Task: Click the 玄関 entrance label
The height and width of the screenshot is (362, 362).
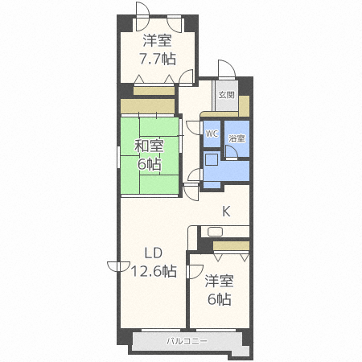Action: pos(227,95)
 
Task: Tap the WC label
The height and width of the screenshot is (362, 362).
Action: pos(212,134)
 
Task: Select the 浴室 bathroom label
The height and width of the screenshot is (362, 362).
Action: pos(237,138)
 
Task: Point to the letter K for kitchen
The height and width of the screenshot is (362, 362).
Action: pos(226,212)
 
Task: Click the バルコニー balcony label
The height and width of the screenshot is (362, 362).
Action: pos(187,341)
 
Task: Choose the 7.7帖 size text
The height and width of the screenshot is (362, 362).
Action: pos(158,59)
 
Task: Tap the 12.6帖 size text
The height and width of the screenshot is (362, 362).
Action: pos(154,271)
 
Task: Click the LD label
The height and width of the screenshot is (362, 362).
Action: pos(154,253)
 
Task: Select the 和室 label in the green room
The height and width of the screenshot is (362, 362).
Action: pos(149,146)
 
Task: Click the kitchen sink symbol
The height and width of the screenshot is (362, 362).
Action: pos(215,232)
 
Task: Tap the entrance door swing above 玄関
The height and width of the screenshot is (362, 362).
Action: pos(227,69)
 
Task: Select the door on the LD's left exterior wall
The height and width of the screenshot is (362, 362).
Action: pos(118,266)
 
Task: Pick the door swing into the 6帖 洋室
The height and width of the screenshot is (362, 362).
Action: pos(195,272)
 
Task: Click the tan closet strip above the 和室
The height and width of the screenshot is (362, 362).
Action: pos(147,106)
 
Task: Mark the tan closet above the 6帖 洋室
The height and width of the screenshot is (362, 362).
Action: pos(231,246)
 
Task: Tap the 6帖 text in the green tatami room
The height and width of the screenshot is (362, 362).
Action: pos(150,164)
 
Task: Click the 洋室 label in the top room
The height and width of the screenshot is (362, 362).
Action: pos(158,40)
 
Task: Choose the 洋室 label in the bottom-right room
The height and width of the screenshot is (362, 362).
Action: pos(219,281)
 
